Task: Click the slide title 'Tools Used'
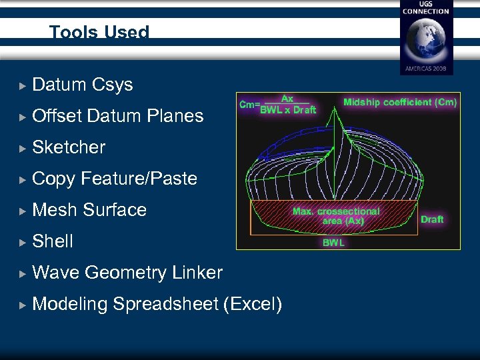point(99,32)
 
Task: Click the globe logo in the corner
point(425,40)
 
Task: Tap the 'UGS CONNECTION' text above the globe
point(425,8)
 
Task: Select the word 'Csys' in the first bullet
point(112,85)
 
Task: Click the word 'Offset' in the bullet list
point(57,116)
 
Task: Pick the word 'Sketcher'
point(69,147)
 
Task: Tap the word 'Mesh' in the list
point(54,210)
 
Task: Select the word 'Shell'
point(53,241)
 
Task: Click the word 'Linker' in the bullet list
point(197,273)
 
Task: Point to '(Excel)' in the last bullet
point(253,304)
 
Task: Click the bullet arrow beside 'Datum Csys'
point(23,85)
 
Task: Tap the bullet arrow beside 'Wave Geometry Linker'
point(23,273)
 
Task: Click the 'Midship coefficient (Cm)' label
point(400,103)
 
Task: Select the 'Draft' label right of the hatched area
point(432,219)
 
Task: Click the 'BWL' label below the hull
point(333,243)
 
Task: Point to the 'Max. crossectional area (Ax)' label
point(336,216)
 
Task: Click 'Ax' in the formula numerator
point(287,99)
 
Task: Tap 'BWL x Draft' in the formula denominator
point(288,110)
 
